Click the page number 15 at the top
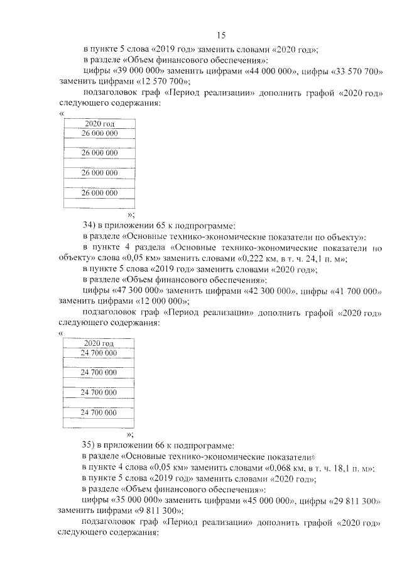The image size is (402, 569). (221, 35)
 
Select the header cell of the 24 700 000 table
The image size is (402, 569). (99, 343)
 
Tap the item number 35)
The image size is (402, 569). (90, 445)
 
